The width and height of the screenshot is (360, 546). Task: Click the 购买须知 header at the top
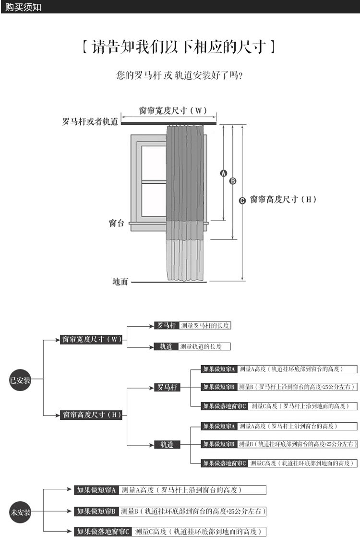pyautogui.click(x=24, y=7)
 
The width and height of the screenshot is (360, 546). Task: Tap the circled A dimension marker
pyautogui.click(x=223, y=173)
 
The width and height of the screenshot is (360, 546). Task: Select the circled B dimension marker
pyautogui.click(x=233, y=181)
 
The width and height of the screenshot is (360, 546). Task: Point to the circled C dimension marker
pyautogui.click(x=242, y=200)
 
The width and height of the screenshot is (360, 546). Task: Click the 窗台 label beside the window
pyautogui.click(x=116, y=223)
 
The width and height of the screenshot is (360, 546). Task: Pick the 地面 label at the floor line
pyautogui.click(x=120, y=282)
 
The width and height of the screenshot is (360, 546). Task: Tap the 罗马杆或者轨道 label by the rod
pyautogui.click(x=90, y=122)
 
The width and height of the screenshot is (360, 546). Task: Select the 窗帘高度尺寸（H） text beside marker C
pyautogui.click(x=283, y=200)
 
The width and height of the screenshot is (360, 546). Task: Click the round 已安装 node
pyautogui.click(x=21, y=380)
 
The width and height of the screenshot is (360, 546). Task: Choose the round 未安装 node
pyautogui.click(x=21, y=512)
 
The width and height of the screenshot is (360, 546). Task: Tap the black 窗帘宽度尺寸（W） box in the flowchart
pyautogui.click(x=91, y=340)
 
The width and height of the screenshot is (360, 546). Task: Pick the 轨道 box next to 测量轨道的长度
pyautogui.click(x=166, y=346)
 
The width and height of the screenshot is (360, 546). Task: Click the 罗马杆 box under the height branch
pyautogui.click(x=167, y=387)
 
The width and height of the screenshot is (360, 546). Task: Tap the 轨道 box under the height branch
pyautogui.click(x=167, y=445)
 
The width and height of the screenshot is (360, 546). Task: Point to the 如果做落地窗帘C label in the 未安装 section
pyautogui.click(x=103, y=532)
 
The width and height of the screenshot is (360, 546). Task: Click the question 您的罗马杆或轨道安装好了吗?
pyautogui.click(x=179, y=75)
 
